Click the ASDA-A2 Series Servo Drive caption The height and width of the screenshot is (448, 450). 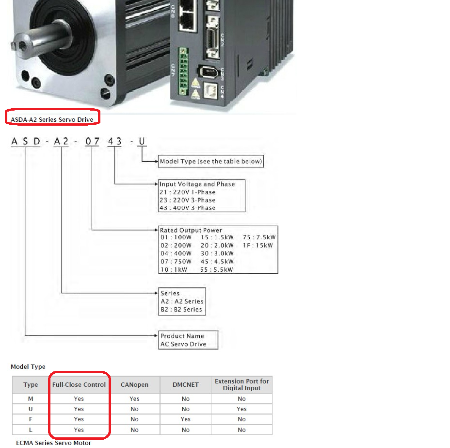point(52,119)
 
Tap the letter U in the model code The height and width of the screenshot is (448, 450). point(142,141)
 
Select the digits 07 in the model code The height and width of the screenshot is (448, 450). point(92,141)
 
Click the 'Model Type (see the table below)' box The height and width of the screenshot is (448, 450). point(211,162)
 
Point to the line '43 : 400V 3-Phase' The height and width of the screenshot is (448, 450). point(187,208)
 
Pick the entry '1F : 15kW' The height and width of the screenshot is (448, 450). point(257,245)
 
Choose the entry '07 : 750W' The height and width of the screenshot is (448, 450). point(176,261)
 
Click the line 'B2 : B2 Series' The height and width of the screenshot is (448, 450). point(181,309)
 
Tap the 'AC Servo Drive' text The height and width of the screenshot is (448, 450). point(183,344)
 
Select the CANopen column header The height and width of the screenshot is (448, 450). point(135,384)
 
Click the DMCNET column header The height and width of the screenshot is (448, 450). point(186,384)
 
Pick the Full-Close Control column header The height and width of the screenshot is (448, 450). point(79,384)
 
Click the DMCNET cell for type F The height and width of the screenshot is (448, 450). point(186,419)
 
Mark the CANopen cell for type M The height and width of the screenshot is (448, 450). point(134,398)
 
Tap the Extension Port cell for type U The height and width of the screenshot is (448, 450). point(241,409)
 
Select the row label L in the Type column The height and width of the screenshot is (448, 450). point(31,430)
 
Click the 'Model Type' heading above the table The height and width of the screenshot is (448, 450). point(28,367)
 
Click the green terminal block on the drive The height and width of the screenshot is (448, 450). point(183,71)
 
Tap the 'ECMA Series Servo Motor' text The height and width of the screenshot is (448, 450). point(54,443)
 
